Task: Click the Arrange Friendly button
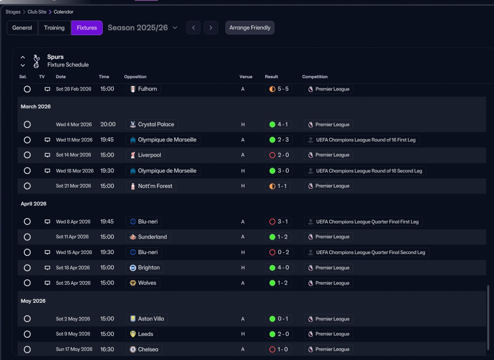250,27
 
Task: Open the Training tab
54,28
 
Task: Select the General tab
22,28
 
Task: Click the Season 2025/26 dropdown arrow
175,27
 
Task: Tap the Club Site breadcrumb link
37,12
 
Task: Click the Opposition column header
135,76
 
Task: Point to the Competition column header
315,76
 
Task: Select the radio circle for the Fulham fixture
27,89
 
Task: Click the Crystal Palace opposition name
156,124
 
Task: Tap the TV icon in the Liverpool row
47,155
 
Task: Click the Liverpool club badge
133,155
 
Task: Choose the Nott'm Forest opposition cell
151,186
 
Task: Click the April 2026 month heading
34,204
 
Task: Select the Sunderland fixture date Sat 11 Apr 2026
72,237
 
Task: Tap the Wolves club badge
133,283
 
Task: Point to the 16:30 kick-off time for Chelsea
107,350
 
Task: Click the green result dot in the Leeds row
272,334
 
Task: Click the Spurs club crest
36,61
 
